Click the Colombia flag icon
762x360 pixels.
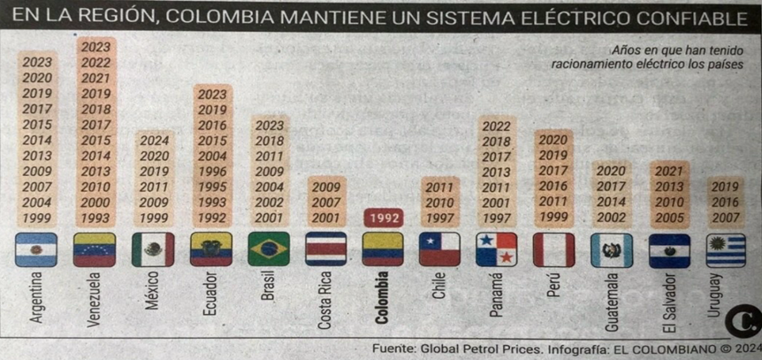click(383, 249)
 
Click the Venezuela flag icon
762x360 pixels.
click(95, 249)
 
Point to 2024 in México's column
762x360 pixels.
click(154, 140)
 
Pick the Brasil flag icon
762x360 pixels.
click(269, 249)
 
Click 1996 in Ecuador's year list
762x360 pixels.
click(211, 172)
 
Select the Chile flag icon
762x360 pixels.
click(439, 249)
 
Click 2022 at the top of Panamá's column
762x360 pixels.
click(496, 126)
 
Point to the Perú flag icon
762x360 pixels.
click(553, 249)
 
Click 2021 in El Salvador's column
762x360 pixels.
click(669, 171)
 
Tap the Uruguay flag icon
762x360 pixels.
click(726, 249)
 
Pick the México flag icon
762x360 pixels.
click(153, 249)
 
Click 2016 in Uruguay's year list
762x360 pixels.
click(726, 202)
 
